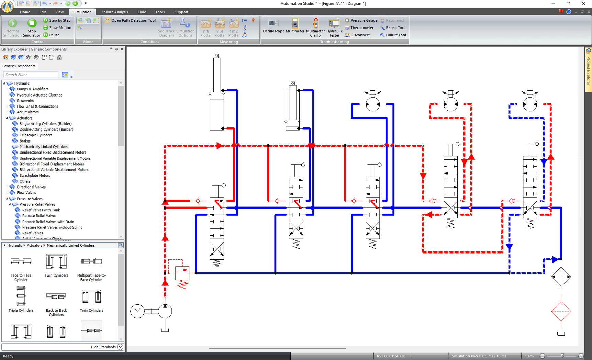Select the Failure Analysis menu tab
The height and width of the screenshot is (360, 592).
(x=114, y=12)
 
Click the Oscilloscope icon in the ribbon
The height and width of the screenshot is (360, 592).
(x=273, y=26)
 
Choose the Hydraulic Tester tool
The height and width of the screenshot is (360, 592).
(x=334, y=27)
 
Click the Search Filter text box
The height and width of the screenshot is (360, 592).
(x=31, y=75)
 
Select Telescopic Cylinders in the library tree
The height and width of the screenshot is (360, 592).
(x=36, y=135)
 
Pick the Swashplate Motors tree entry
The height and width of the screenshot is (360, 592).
(x=35, y=175)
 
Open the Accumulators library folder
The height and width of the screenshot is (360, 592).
(x=27, y=112)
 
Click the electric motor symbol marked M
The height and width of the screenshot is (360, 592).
(x=137, y=311)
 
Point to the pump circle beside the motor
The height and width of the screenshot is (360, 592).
(x=165, y=311)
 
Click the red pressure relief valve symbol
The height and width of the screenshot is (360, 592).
(x=182, y=274)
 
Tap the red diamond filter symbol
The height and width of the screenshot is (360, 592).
(x=561, y=311)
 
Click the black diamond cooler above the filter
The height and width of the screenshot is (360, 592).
(x=561, y=277)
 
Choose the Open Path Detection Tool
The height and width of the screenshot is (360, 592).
(x=130, y=20)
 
